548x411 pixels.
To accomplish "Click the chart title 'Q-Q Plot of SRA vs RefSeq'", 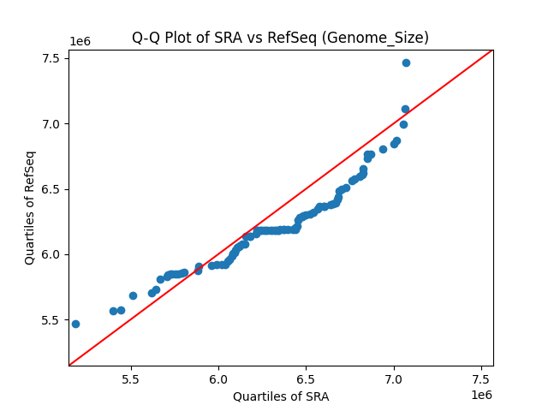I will point(280,38).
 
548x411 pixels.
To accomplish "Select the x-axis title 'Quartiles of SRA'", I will point(281,396).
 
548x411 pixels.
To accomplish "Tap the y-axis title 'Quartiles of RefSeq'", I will point(30,207).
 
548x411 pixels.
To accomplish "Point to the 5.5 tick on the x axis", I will point(131,378).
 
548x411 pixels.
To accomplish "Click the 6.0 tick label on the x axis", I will point(218,378).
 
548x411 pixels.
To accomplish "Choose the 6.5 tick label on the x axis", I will point(307,378).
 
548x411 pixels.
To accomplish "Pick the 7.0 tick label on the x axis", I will point(394,378).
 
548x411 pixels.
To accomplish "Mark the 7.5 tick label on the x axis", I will point(481,378).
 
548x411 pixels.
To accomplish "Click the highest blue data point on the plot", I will point(406,63).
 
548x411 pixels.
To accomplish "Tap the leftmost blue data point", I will point(75,324).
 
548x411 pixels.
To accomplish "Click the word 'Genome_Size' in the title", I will point(384,38).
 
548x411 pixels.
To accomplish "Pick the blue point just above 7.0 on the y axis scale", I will point(405,109).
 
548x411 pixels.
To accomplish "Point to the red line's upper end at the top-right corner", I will point(491,51).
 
